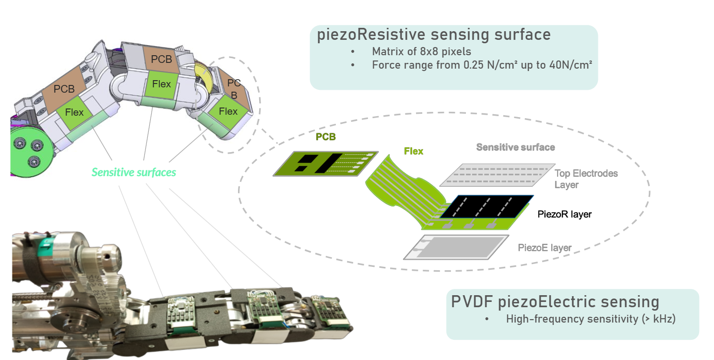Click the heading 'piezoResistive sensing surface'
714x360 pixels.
pyautogui.click(x=433, y=35)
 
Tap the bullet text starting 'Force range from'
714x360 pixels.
pyautogui.click(x=482, y=65)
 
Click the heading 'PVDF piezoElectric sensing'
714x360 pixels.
pyautogui.click(x=555, y=301)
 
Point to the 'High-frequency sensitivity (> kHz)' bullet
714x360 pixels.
pyautogui.click(x=591, y=319)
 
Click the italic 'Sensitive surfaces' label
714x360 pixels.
pyautogui.click(x=134, y=172)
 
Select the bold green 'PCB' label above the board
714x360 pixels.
pyautogui.click(x=325, y=137)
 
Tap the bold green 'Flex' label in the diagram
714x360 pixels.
pyautogui.click(x=413, y=152)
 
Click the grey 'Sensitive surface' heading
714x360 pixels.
pyautogui.click(x=515, y=147)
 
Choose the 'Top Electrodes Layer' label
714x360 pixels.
pyautogui.click(x=586, y=179)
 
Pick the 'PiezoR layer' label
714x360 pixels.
pyautogui.click(x=565, y=215)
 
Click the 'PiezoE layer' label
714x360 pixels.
pyautogui.click(x=545, y=248)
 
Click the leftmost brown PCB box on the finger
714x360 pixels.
pyautogui.click(x=64, y=89)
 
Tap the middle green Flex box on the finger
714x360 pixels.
pyautogui.click(x=161, y=84)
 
